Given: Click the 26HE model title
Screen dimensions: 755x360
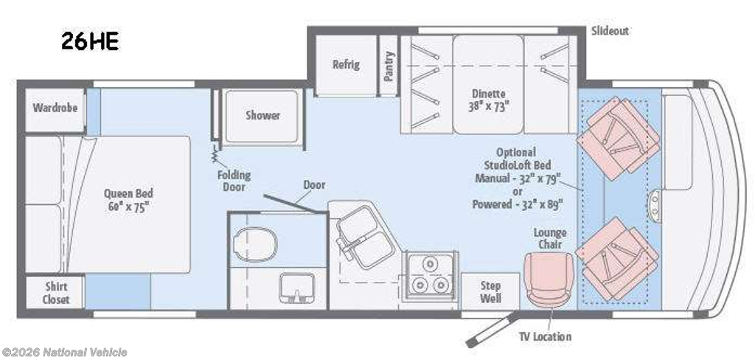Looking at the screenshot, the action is point(90,42).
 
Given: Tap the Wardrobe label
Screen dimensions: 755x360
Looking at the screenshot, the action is point(55,107).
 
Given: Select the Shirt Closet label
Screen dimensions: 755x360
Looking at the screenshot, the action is point(56,293).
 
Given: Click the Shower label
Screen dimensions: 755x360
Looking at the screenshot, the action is point(263,115).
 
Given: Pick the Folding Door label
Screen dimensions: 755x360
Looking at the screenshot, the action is point(234,180).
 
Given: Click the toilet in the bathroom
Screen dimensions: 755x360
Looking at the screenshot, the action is point(254,244).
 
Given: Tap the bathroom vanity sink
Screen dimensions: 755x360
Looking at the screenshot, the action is point(297,288).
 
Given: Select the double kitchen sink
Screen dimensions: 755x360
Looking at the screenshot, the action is point(364,237).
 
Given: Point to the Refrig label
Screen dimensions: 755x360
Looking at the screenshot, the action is point(346,64).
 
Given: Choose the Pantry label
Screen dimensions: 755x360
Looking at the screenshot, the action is point(389,66).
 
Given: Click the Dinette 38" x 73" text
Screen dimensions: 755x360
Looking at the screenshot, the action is point(488,100).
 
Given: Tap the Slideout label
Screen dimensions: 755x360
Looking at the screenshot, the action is point(610,31).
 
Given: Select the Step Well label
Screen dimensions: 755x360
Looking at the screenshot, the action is point(490,292).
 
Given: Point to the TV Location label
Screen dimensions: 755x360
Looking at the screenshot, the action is point(545,336).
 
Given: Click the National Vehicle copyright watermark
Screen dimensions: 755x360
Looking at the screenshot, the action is point(64,353).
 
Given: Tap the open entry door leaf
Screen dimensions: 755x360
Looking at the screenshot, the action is point(492,329).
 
